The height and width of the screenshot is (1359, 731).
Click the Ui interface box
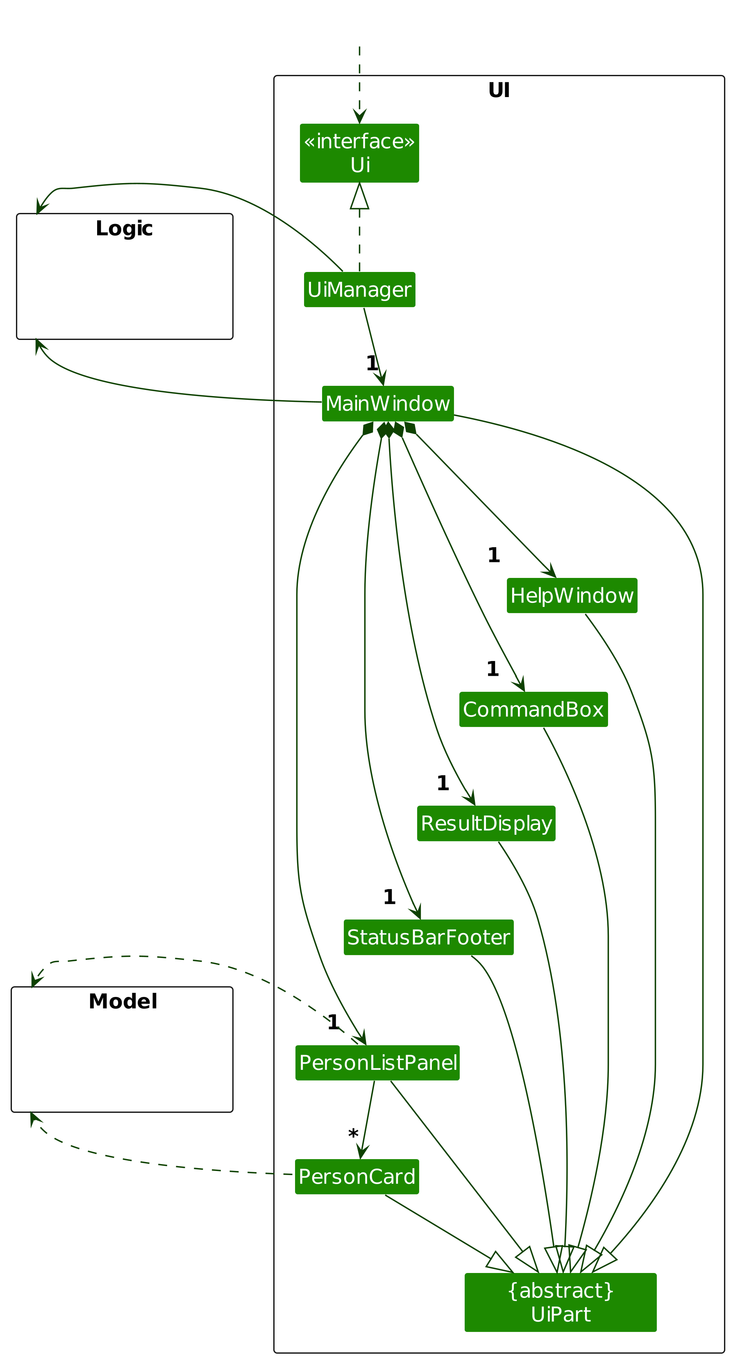click(359, 153)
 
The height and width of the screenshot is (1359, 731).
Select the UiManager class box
click(359, 289)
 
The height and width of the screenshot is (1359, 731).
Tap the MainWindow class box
click(387, 403)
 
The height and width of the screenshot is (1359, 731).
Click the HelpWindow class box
click(572, 595)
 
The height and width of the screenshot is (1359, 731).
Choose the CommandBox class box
click(533, 709)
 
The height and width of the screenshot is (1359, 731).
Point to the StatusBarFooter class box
click(428, 937)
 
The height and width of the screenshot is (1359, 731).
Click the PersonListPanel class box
click(377, 1062)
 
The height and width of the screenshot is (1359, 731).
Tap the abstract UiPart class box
click(560, 1302)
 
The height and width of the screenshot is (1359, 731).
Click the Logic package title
click(124, 229)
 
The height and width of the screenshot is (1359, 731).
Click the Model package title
click(123, 1001)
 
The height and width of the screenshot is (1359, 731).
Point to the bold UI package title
click(498, 90)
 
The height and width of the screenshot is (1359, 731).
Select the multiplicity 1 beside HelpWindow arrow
click(493, 555)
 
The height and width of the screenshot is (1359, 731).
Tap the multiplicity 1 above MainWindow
click(372, 363)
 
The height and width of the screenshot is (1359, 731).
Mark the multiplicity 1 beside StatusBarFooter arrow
click(389, 897)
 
